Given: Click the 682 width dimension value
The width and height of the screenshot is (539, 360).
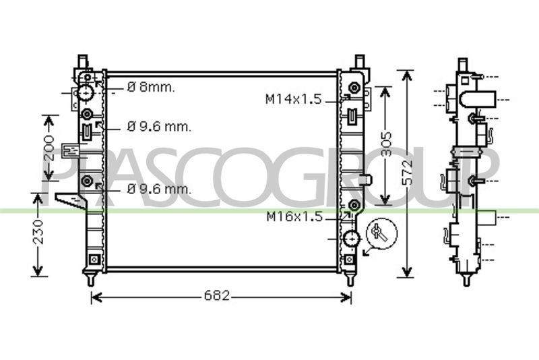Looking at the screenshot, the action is tap(216, 296).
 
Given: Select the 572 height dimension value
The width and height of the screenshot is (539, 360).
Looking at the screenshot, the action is tap(407, 173).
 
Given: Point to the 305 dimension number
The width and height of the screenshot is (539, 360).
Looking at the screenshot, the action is tap(386, 144).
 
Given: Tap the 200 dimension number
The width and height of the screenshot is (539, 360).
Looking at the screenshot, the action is tap(50, 148).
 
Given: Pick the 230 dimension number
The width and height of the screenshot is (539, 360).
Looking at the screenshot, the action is tap(38, 232).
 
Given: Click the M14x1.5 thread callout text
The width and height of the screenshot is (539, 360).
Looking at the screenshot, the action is tap(294, 99).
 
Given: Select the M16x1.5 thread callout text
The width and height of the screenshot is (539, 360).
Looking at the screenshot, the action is tap(294, 216).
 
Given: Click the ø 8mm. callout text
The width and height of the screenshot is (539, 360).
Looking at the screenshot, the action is tap(151, 88).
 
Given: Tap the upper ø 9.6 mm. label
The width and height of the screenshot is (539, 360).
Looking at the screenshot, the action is tap(159, 127).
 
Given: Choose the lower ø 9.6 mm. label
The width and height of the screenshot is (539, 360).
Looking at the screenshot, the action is tap(159, 189).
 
